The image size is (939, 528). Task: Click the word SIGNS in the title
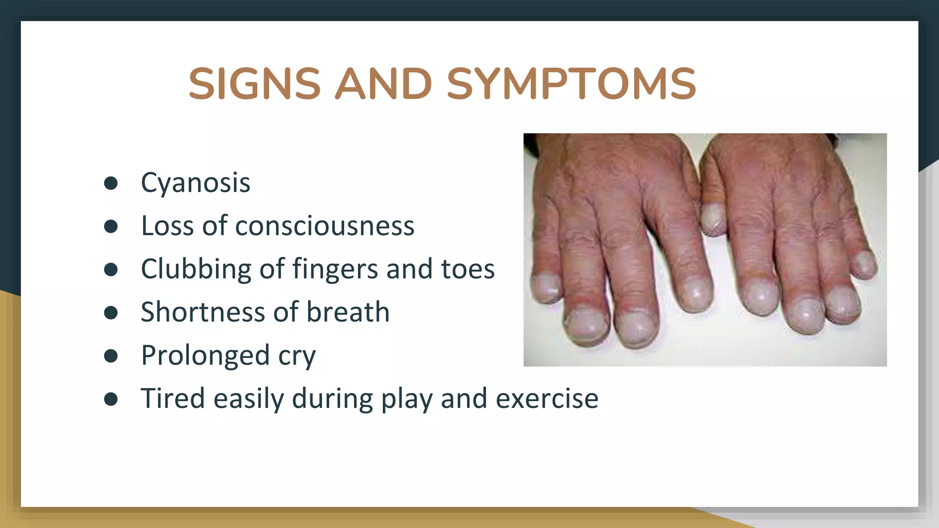254,84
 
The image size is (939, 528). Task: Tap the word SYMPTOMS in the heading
571,84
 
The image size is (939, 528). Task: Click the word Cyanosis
195,183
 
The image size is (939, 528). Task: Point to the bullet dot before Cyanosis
111,183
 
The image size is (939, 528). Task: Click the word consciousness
325,226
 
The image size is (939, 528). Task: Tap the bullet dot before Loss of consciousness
111,226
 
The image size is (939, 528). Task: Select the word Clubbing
196,269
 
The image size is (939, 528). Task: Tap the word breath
348,312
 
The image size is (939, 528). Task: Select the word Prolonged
205,356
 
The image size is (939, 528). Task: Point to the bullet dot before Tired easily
111,399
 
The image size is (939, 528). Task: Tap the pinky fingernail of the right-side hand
864,264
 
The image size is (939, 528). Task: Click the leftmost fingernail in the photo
546,287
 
